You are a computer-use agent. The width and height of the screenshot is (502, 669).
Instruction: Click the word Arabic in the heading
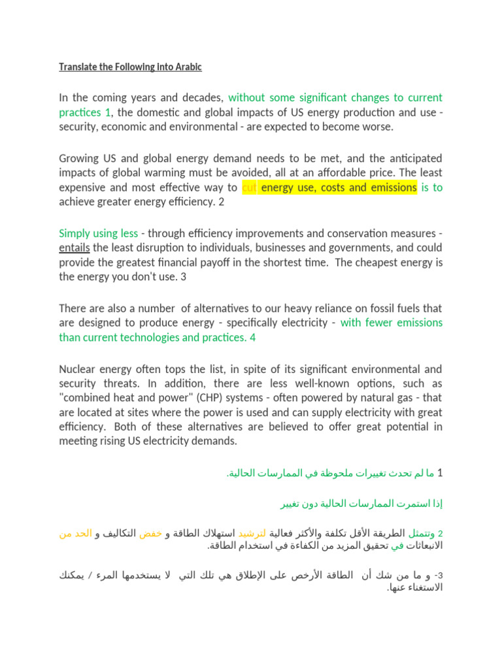(x=188, y=67)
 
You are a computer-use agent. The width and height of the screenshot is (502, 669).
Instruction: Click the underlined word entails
(x=74, y=248)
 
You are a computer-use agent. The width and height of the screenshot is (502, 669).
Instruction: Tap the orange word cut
(x=249, y=188)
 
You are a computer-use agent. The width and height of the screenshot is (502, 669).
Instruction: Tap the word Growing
(x=78, y=158)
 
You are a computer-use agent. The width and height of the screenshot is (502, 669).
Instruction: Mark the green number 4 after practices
(x=252, y=338)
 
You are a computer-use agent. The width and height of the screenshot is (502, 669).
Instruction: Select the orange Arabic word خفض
(x=150, y=534)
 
